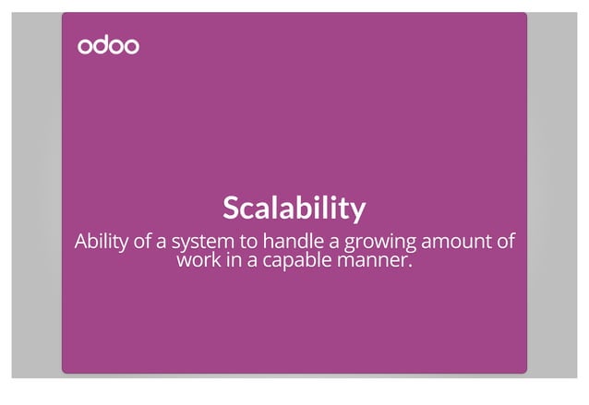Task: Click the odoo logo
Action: tap(108, 45)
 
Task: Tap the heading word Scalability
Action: tap(294, 208)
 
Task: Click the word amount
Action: tap(455, 242)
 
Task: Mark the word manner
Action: tap(374, 260)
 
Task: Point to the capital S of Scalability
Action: tap(231, 208)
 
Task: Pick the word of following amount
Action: tap(503, 242)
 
